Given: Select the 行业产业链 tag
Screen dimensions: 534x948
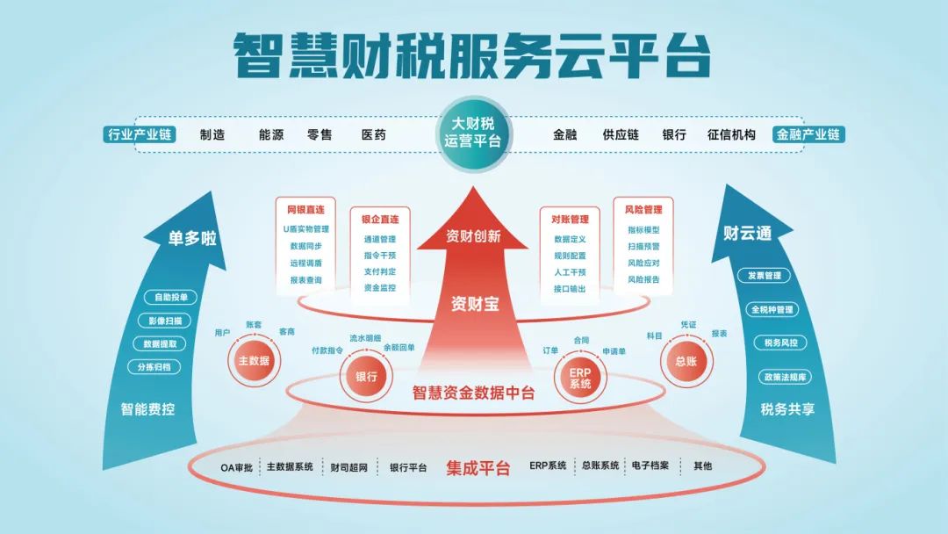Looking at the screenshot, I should [139, 134].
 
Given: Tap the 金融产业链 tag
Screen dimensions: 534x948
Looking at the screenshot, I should [808, 134].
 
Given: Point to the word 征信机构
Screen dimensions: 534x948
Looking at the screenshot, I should [731, 134].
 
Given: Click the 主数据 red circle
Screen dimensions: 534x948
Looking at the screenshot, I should [254, 360].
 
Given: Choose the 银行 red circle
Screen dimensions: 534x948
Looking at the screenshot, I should [366, 377].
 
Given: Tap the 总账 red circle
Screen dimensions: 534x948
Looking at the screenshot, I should [685, 360].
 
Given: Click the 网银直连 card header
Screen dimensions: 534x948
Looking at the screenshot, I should [305, 211].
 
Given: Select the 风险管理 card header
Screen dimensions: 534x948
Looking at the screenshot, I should [643, 210].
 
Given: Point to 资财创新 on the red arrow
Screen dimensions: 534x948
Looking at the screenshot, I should [473, 236].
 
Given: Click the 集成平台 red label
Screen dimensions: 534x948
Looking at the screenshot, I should [478, 467].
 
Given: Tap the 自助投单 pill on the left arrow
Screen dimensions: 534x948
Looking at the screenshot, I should [165, 297].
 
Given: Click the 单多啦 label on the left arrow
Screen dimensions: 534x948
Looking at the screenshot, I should [192, 238].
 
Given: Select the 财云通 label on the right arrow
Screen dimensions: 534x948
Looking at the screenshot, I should [747, 234].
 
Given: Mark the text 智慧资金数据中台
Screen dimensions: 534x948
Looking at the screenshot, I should [473, 393].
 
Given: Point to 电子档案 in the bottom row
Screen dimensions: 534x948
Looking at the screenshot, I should [650, 465].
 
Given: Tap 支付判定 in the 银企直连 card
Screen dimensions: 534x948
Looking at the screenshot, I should [379, 271].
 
